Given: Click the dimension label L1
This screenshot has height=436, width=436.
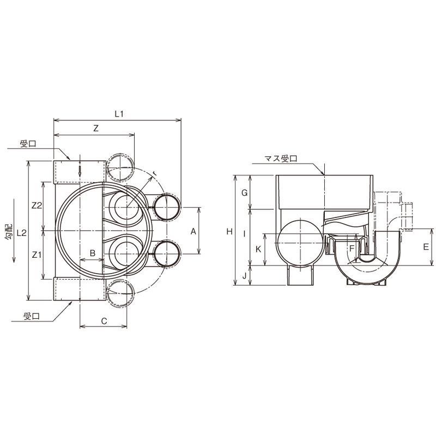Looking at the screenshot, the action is coord(119,113).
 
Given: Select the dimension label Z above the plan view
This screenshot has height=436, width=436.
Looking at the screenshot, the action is coord(96,129).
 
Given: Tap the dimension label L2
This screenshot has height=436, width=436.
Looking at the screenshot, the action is coord(21,233).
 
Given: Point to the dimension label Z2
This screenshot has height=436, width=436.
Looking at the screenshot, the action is coord(37,205).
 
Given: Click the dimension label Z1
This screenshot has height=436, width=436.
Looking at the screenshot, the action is coord(37,255).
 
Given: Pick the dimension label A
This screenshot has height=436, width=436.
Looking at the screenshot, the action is coord(193,231).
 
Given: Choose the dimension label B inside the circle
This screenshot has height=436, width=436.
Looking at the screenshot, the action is coord(93,253).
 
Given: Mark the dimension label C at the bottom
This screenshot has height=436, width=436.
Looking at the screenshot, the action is coord(104,321).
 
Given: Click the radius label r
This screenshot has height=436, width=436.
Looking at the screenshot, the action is coord(155,173).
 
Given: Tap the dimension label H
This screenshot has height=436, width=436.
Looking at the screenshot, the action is coord(229,231).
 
